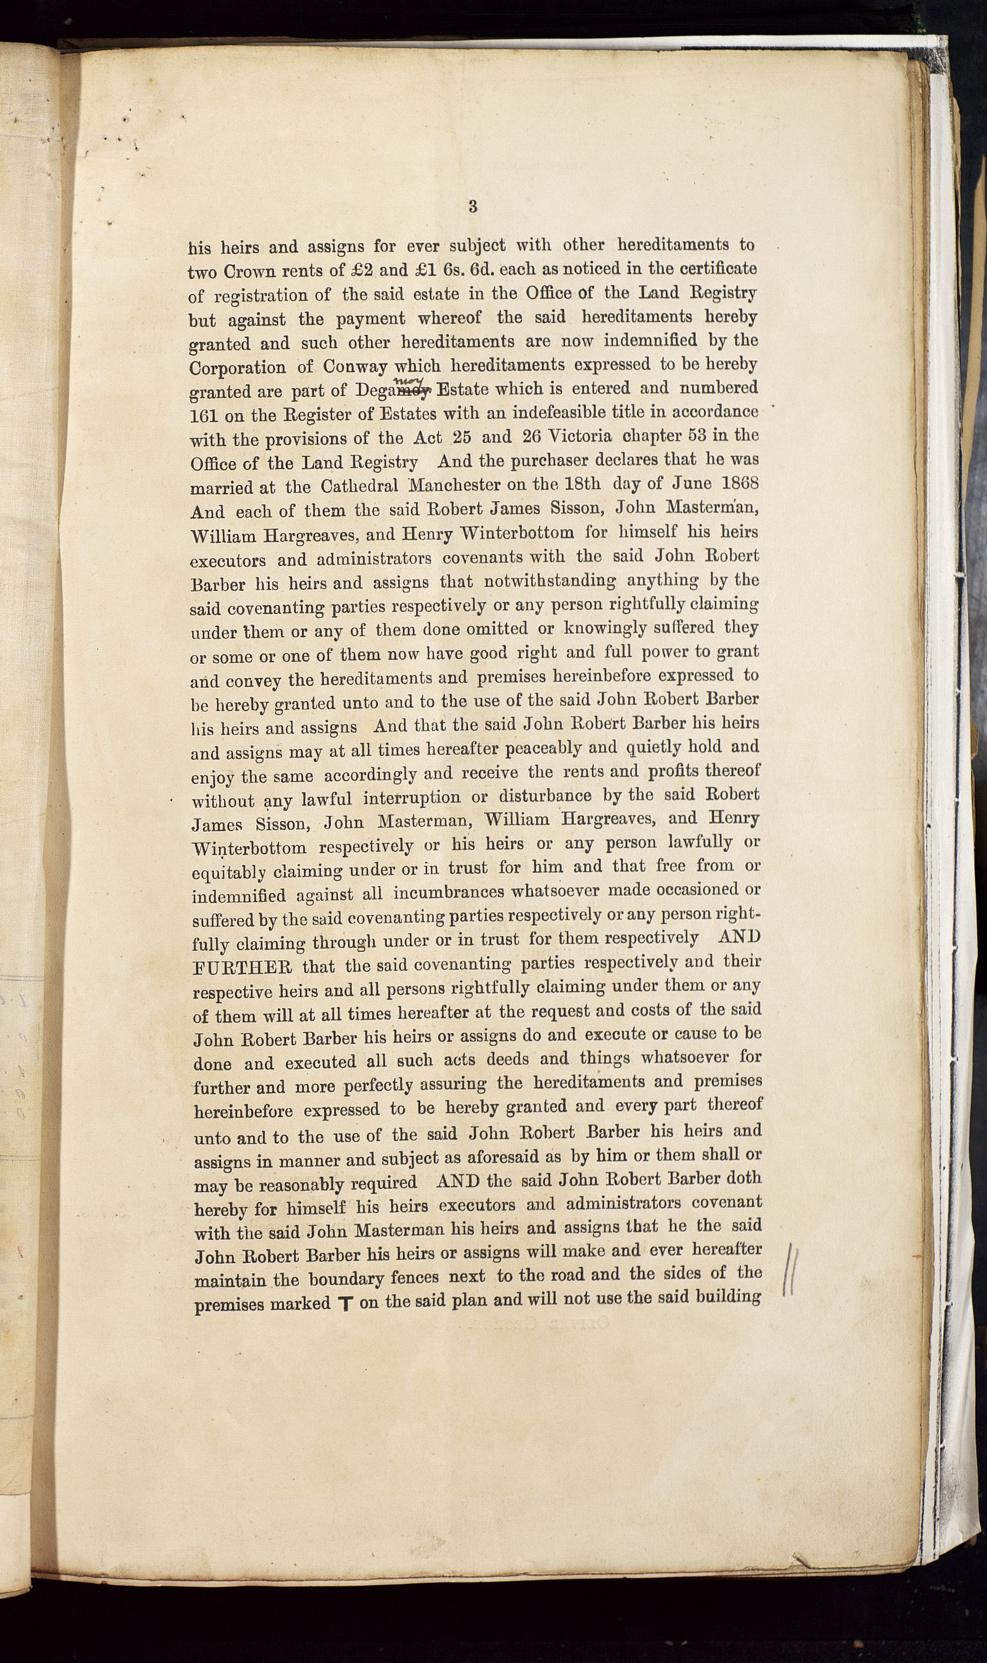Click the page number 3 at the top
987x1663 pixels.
[472, 207]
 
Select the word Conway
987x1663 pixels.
[358, 367]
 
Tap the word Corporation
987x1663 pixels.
[238, 368]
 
